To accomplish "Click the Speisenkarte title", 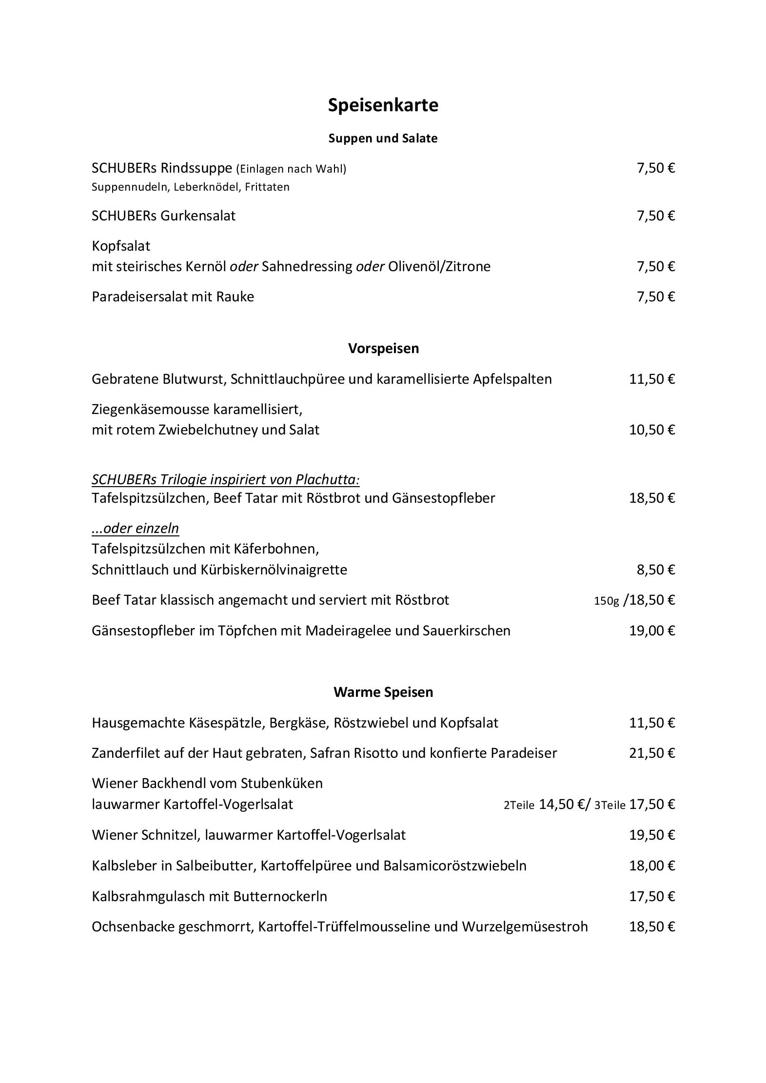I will point(383,105).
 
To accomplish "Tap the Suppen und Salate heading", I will point(383,138).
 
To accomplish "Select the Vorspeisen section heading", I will point(383,349).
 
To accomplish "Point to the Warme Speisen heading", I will point(383,692).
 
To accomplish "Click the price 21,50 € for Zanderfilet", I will point(652,753).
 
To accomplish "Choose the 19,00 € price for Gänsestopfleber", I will point(652,631).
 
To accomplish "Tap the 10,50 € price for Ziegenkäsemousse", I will point(652,430).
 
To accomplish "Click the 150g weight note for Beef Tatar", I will point(606,601).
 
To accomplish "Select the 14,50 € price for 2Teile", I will point(564,805).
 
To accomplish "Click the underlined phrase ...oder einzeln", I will point(135,529).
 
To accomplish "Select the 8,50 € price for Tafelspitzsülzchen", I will point(656,570).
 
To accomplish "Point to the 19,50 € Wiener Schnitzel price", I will point(652,835).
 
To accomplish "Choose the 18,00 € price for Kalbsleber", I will point(652,866).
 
